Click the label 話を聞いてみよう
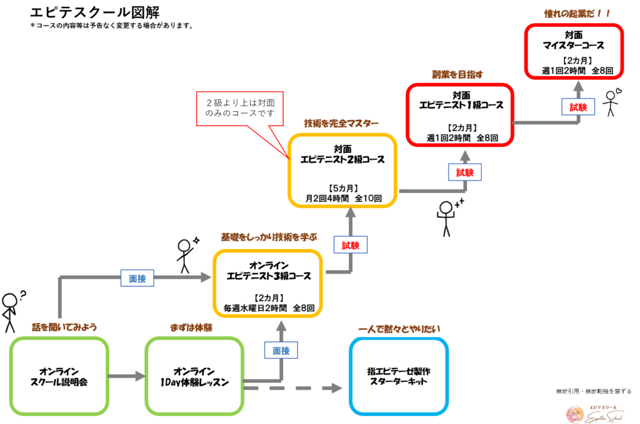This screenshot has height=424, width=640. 65,327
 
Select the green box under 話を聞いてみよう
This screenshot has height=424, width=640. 59,376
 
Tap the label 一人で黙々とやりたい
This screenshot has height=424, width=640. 401,329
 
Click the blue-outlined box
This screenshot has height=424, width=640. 399,376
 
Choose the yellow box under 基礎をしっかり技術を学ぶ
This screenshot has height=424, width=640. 267,283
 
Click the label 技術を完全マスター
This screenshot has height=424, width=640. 341,122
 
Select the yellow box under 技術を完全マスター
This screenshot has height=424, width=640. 342,170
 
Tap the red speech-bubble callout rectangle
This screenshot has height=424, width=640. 239,109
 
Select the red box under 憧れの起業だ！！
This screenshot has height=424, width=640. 574,51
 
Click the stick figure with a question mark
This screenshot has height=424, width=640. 11,310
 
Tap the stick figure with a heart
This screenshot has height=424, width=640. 612,101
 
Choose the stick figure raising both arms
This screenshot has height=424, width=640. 449,216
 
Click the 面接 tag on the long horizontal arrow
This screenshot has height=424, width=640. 137,279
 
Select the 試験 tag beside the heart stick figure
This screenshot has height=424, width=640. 578,107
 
